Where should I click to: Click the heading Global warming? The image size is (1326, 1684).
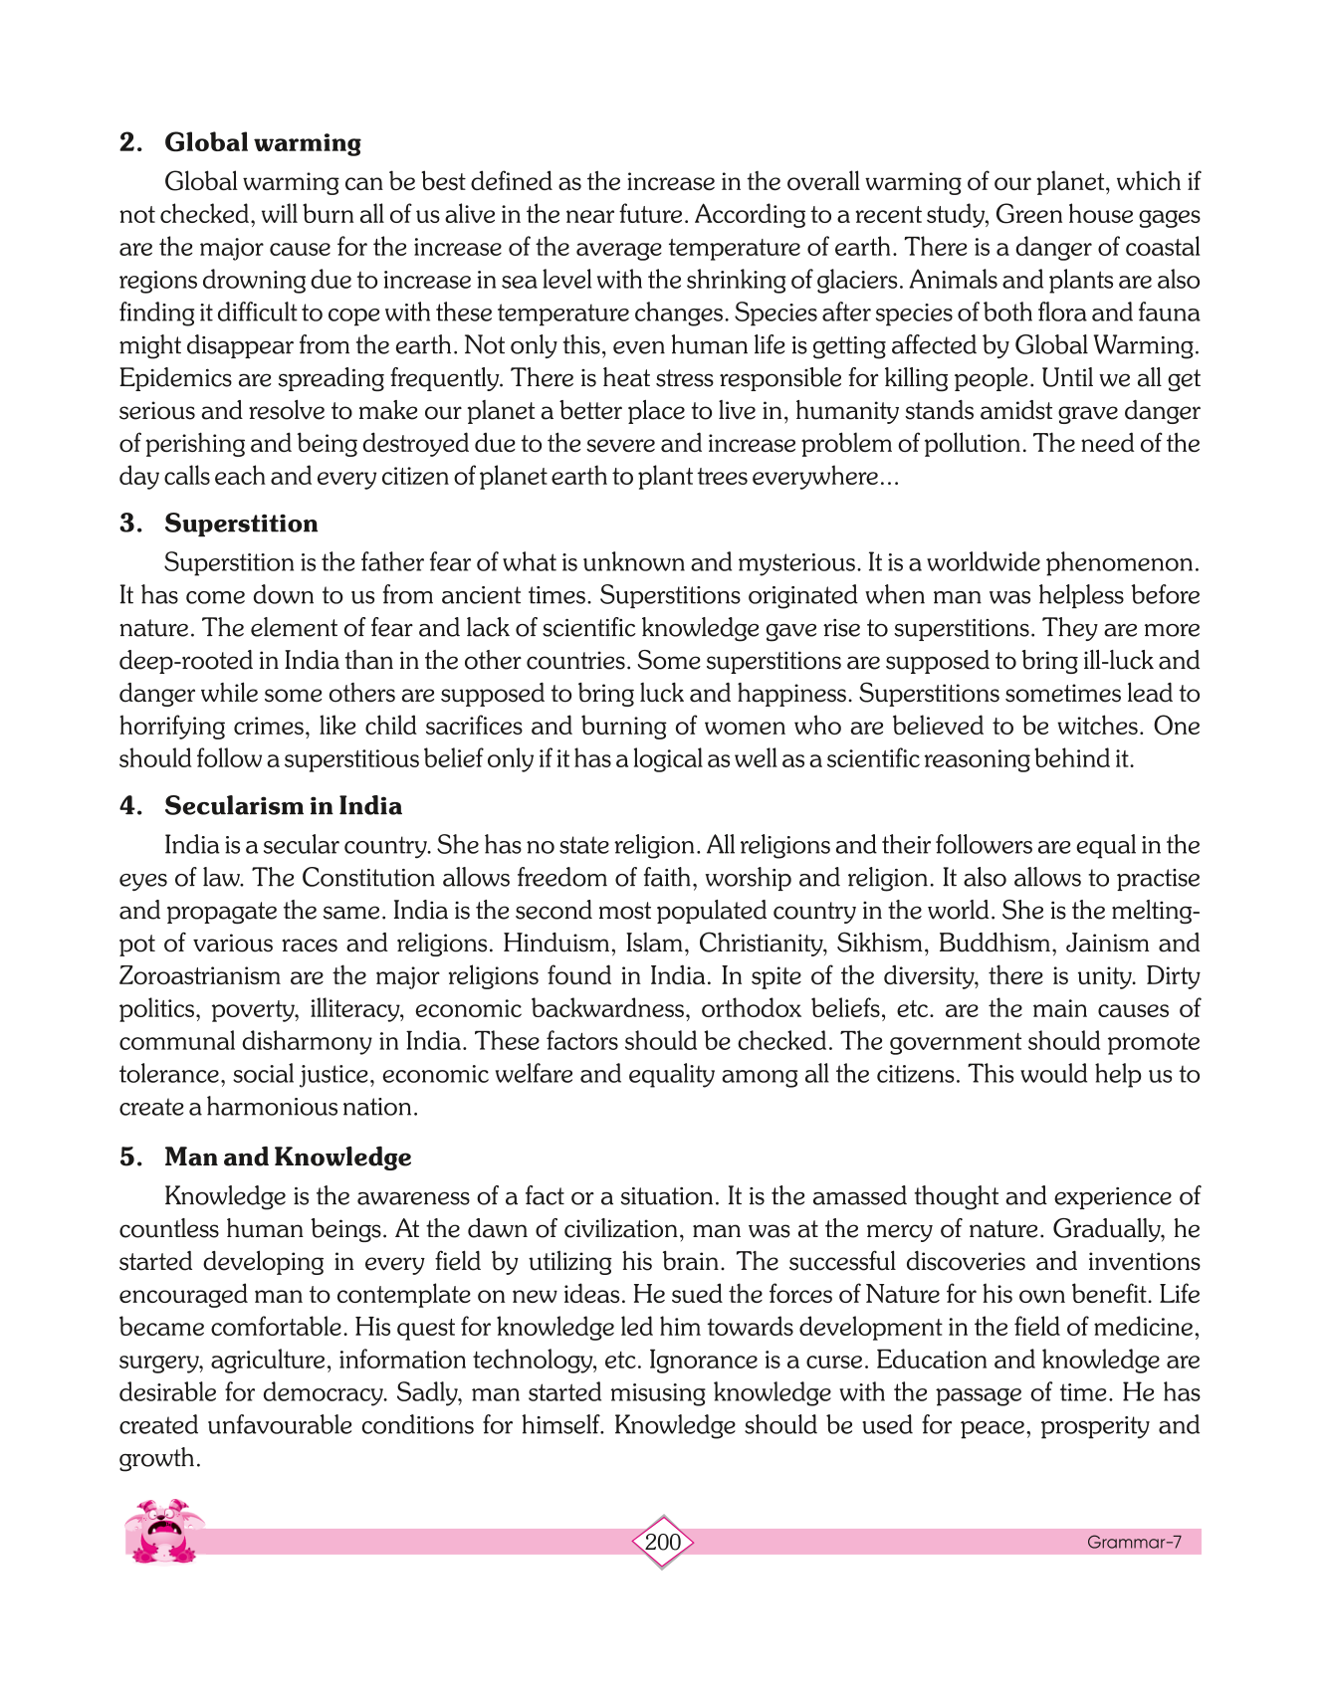tap(263, 142)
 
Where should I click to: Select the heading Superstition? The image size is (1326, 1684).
tap(241, 524)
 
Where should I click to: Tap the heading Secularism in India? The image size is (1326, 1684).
tap(283, 806)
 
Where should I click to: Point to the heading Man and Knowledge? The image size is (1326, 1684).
tap(288, 1157)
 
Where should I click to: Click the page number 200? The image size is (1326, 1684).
tap(663, 1543)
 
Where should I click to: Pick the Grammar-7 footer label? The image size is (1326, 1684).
tap(1134, 1543)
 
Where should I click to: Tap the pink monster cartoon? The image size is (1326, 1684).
tap(163, 1531)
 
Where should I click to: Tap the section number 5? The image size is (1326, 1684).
tap(129, 1157)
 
